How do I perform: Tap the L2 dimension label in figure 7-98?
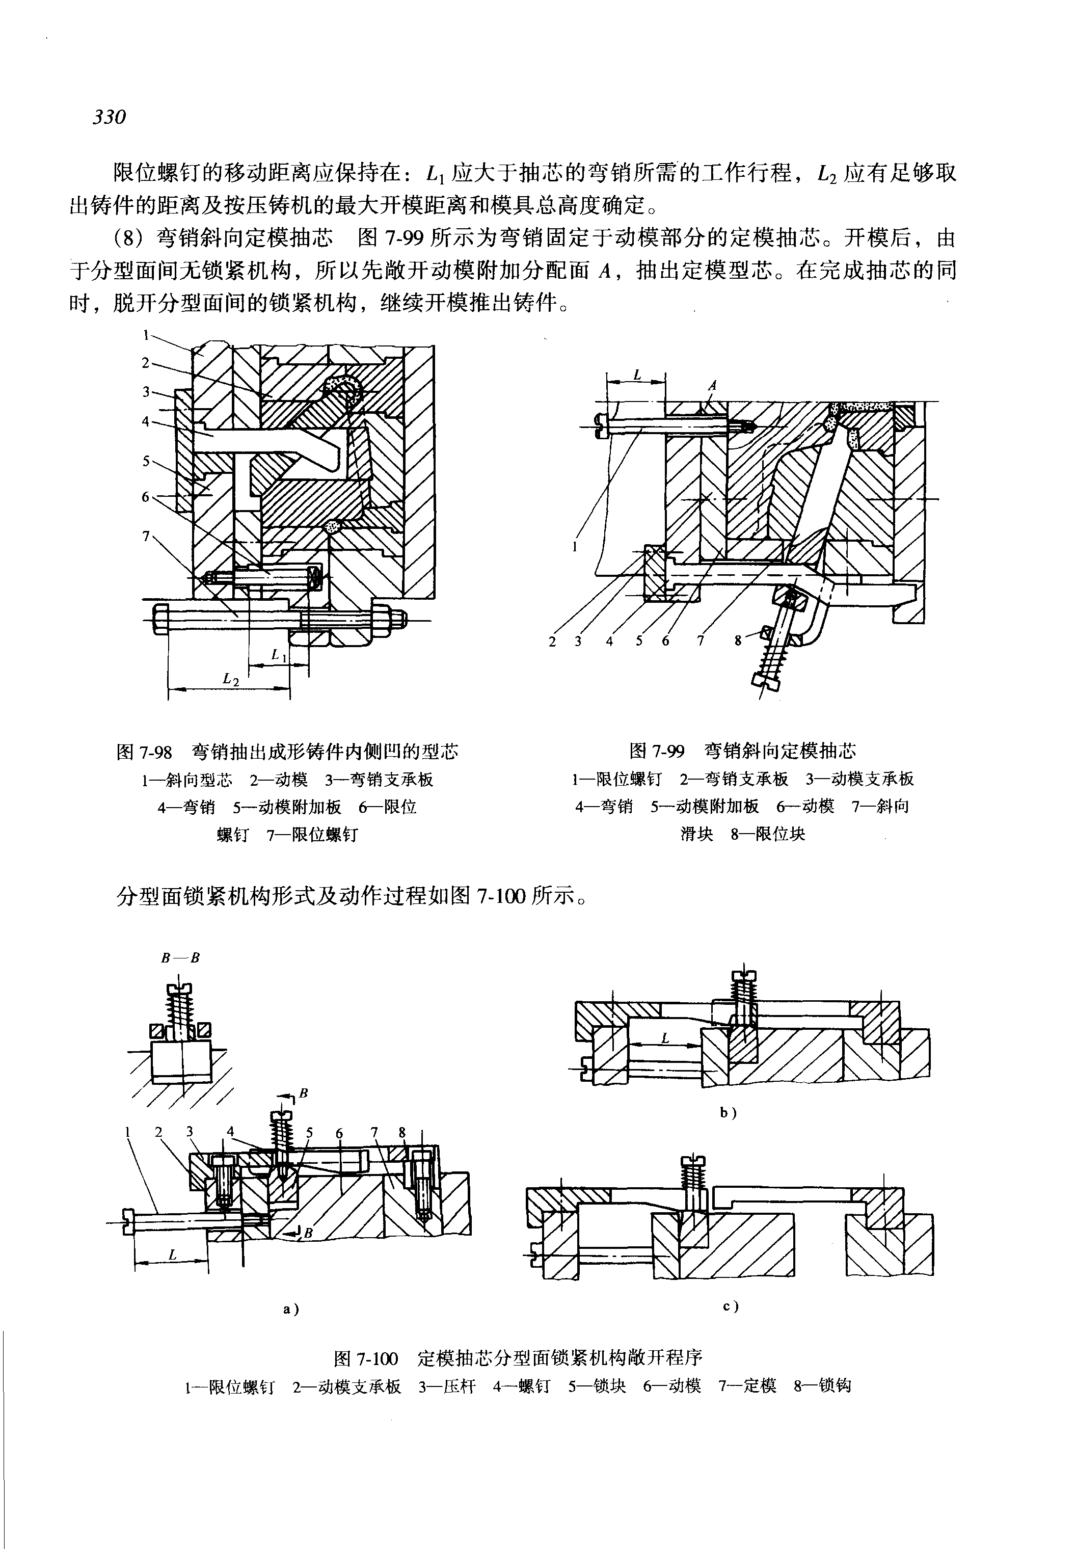(231, 680)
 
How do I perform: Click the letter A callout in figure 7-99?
(712, 386)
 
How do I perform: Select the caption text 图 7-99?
(657, 751)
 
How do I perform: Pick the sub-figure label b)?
(728, 1113)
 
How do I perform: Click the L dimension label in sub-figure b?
(665, 1038)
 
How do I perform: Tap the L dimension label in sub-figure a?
(173, 1255)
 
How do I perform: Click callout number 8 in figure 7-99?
(738, 640)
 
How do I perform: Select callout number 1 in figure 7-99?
(574, 547)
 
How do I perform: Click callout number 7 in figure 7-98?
(146, 536)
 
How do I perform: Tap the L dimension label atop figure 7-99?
(637, 375)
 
